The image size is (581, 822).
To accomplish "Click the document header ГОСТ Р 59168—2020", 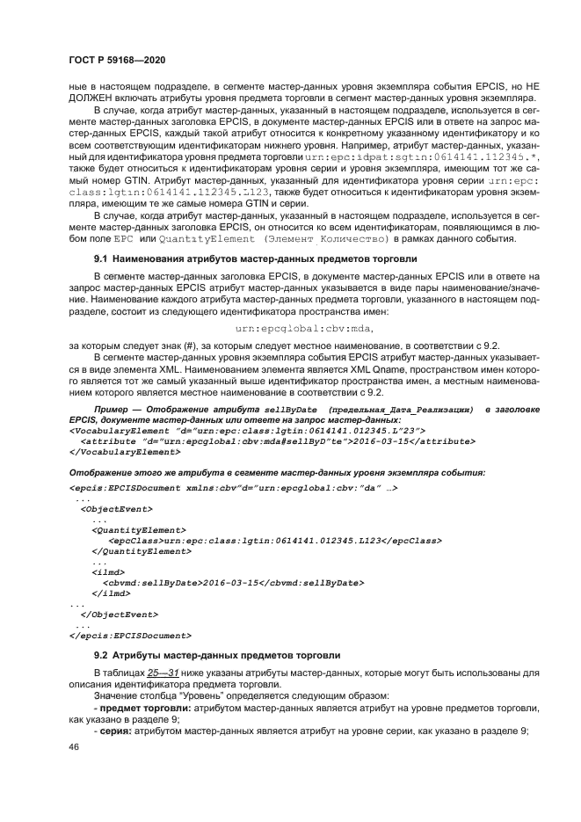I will pos(117,59).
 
